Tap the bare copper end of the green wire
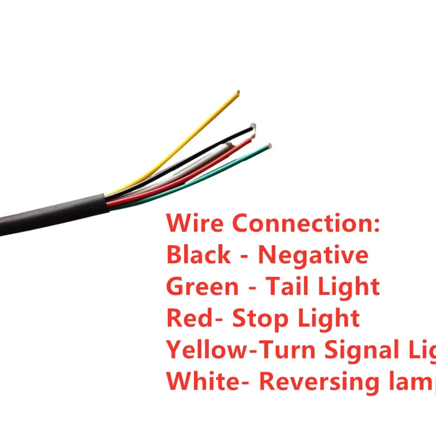tap(269, 146)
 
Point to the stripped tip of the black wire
tap(252, 126)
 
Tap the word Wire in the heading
tap(196, 223)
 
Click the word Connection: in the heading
tap(305, 223)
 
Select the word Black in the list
tap(198, 255)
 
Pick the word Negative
tap(313, 255)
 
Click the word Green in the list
tap(202, 286)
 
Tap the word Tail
tap(288, 286)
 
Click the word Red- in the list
tap(194, 318)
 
